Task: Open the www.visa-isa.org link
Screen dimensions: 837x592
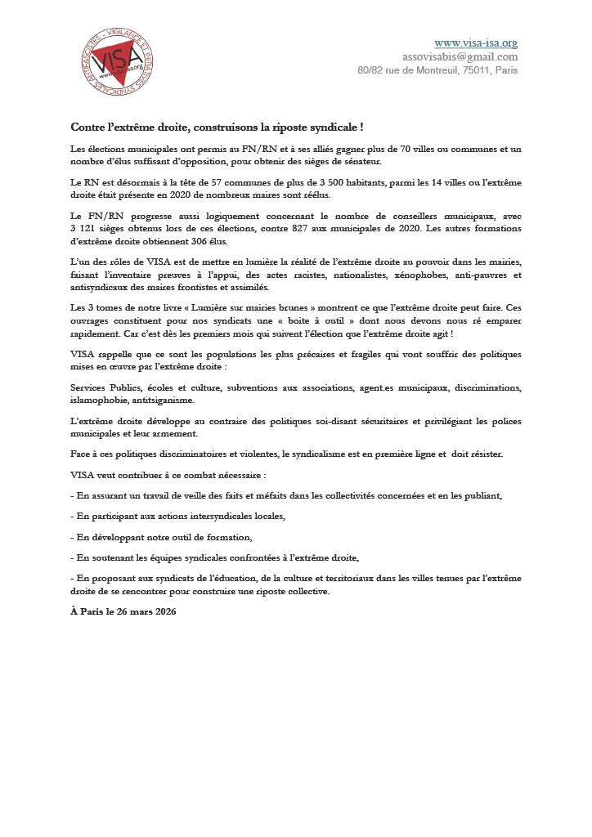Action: tap(475, 43)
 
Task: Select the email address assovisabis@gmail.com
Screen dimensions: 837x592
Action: tap(460, 56)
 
